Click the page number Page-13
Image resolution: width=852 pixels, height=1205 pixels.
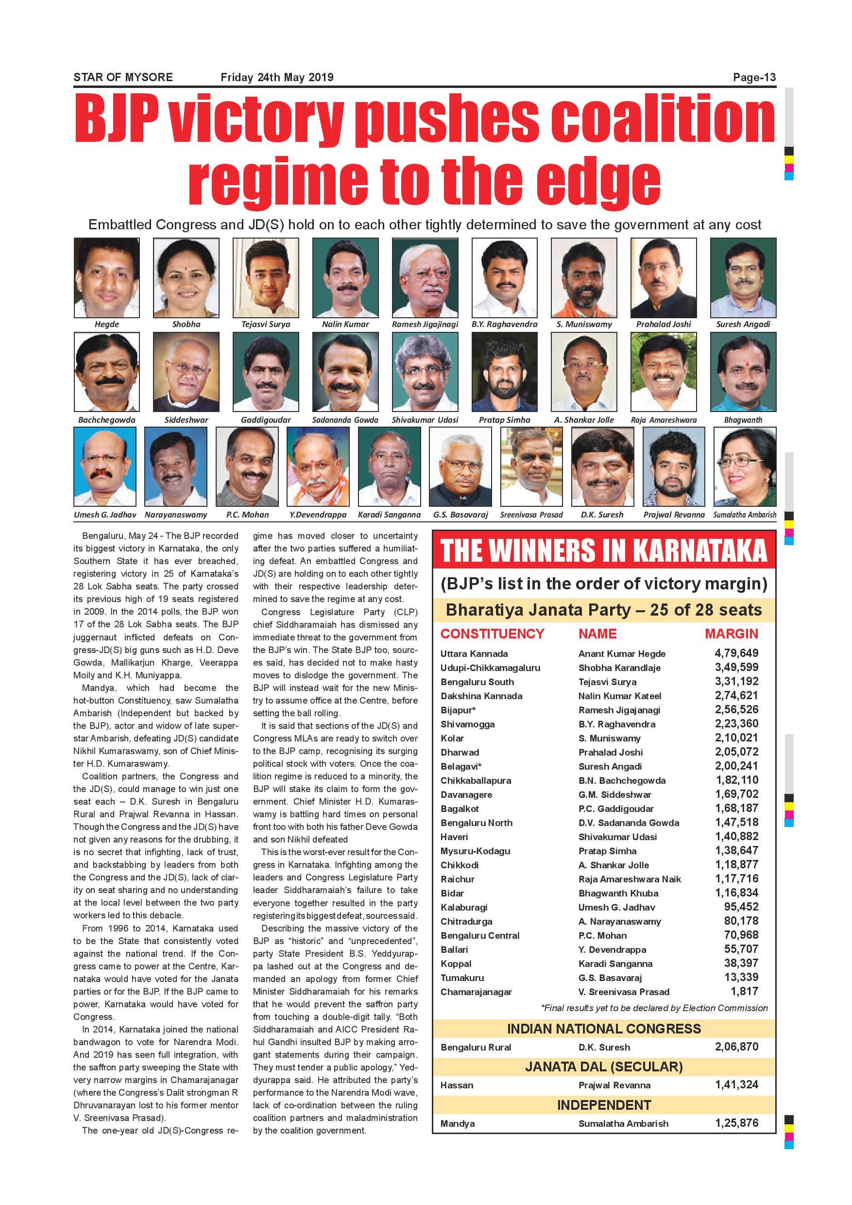tap(754, 78)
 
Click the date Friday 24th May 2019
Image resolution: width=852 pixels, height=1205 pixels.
tap(277, 78)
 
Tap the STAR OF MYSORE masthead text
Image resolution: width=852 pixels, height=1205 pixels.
tap(123, 78)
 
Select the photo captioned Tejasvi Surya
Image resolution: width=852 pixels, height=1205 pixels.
tap(266, 277)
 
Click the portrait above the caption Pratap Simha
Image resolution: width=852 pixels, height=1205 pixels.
tap(504, 372)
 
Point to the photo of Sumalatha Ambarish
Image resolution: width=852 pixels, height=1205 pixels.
tap(745, 466)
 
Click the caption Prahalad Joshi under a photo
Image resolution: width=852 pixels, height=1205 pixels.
tap(664, 325)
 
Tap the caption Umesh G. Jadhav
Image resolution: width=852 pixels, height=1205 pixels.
tap(105, 515)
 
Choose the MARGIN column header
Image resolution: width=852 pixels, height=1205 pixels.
tap(732, 634)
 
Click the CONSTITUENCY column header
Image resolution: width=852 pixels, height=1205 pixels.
tap(492, 634)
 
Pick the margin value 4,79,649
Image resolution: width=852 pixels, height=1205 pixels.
tap(736, 654)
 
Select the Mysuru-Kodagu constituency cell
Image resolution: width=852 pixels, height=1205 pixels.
tap(476, 851)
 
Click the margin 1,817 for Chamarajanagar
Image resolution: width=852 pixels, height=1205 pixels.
tap(744, 991)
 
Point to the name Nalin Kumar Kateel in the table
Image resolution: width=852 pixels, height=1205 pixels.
tap(620, 696)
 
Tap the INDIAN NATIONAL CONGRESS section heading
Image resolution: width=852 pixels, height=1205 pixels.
tap(604, 1029)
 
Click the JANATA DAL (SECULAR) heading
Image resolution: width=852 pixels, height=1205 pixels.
tap(604, 1067)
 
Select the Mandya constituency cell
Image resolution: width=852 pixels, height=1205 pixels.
tap(458, 1124)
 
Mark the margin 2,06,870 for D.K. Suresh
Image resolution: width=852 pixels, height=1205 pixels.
tap(736, 1047)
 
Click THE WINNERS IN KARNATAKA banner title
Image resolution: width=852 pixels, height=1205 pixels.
tap(604, 551)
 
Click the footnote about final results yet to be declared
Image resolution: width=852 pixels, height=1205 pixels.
tap(654, 1008)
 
